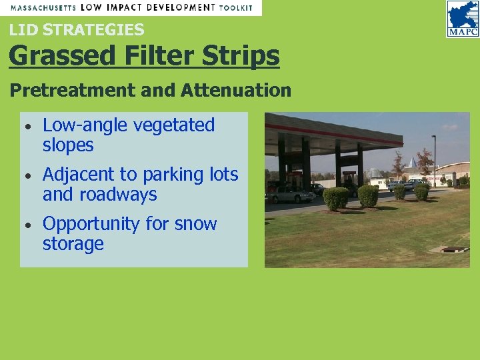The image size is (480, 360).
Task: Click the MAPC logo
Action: [x=463, y=19]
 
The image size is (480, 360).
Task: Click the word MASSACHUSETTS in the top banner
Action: [x=41, y=7]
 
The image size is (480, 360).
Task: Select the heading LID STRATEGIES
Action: [x=77, y=29]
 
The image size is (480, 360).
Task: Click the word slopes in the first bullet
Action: [x=68, y=145]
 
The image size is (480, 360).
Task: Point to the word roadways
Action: [x=115, y=195]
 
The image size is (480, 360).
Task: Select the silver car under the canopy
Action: [x=291, y=194]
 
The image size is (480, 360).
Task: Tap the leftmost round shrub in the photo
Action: [x=336, y=198]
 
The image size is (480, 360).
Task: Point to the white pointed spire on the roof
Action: [x=414, y=161]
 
